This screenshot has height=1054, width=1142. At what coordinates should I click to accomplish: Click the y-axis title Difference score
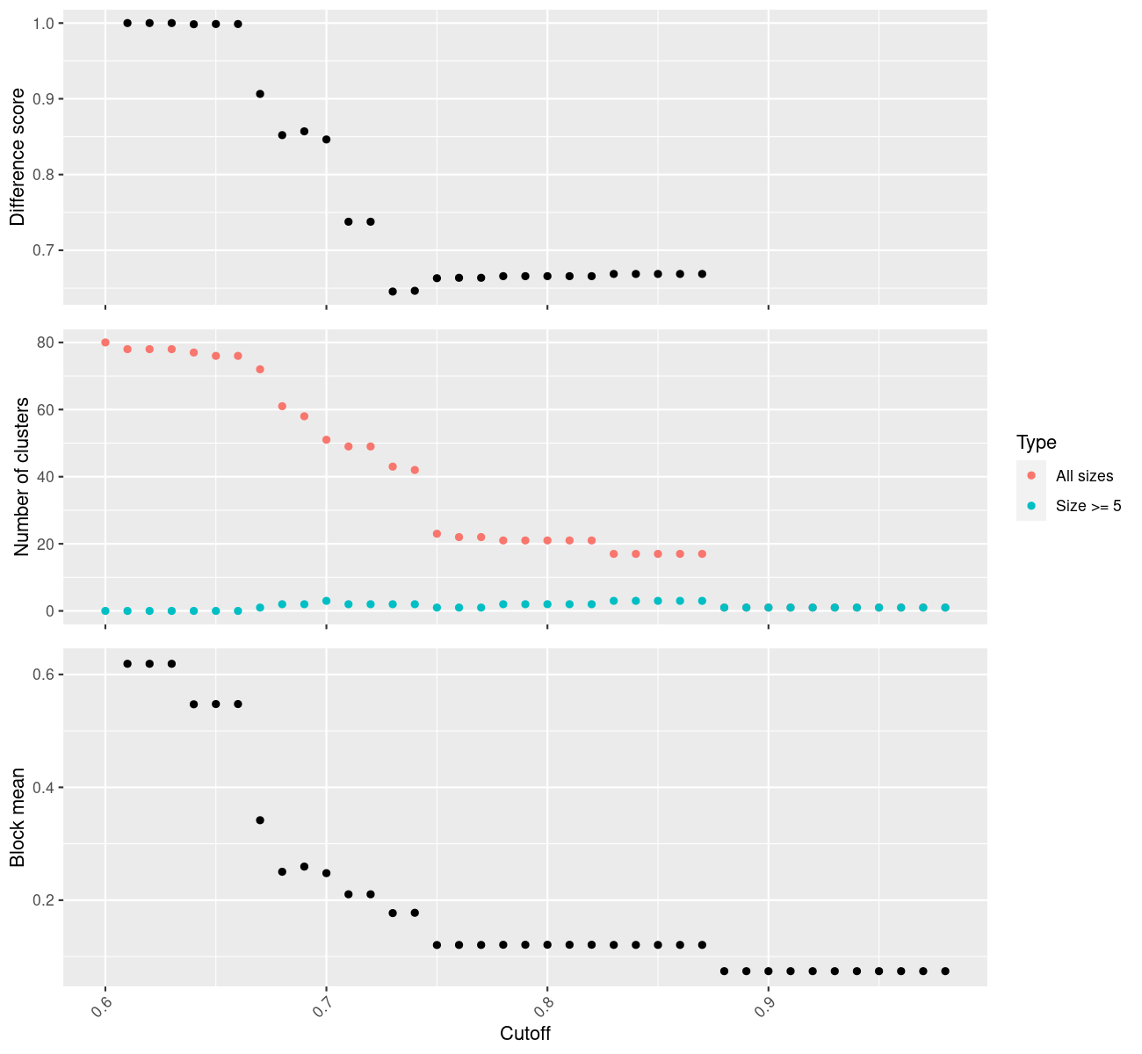(x=18, y=157)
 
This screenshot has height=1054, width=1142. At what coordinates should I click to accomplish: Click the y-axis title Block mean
(x=18, y=817)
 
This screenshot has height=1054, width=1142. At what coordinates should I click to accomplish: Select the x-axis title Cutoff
(x=525, y=1034)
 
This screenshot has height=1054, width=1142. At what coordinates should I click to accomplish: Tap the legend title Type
(x=1036, y=443)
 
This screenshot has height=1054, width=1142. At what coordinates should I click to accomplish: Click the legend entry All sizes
(x=1084, y=476)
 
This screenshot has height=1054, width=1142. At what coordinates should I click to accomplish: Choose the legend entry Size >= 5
(x=1088, y=506)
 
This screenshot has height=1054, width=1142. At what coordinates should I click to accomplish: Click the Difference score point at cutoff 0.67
(x=260, y=94)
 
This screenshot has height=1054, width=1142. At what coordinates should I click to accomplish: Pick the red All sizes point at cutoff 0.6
(x=105, y=343)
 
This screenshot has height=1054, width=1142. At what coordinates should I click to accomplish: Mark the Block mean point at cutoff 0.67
(x=260, y=820)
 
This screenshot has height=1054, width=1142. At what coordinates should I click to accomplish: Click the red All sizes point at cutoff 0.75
(x=437, y=534)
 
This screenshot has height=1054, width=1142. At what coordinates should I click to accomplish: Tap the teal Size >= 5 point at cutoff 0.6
(x=105, y=611)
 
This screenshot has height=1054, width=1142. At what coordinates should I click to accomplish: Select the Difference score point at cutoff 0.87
(x=702, y=274)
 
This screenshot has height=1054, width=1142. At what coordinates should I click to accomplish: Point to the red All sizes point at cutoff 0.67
(x=260, y=370)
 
